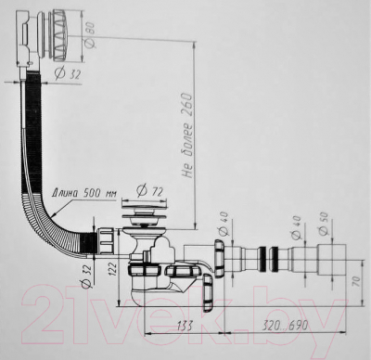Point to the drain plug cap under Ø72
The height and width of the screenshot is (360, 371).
(x=144, y=219)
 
